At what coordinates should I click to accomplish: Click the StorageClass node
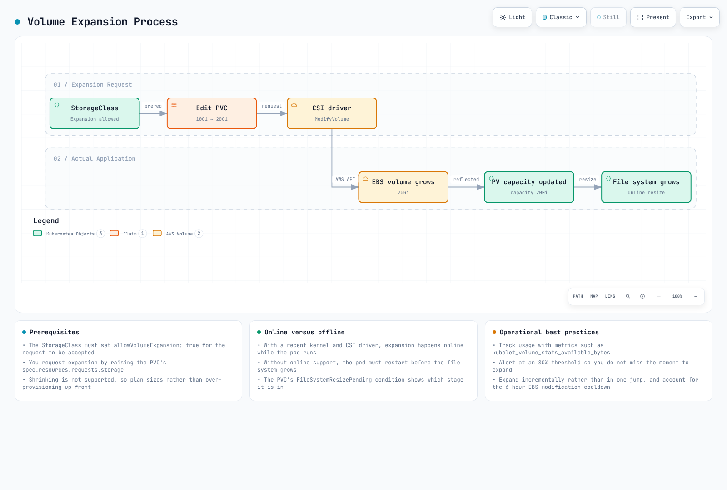point(95,113)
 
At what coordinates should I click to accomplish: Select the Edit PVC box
point(212,113)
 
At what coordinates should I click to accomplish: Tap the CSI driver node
point(332,113)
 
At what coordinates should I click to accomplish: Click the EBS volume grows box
point(403,187)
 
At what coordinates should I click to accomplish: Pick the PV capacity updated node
point(529,187)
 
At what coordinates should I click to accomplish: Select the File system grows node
point(646,187)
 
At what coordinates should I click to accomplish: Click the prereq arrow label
point(153,106)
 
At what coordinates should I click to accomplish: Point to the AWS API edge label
point(345,180)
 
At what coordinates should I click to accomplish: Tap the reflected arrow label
point(466,180)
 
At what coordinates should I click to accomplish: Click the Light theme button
point(512,17)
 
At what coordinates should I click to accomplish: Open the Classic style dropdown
point(561,17)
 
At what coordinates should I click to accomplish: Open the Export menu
point(699,17)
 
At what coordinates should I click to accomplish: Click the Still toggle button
point(608,17)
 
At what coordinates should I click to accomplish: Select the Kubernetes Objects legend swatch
point(38,233)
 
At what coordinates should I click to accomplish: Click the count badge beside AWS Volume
point(199,234)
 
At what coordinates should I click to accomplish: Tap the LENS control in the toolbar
point(610,296)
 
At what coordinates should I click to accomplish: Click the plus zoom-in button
point(696,296)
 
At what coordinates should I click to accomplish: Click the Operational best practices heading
point(549,332)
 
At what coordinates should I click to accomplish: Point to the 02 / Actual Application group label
point(95,158)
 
